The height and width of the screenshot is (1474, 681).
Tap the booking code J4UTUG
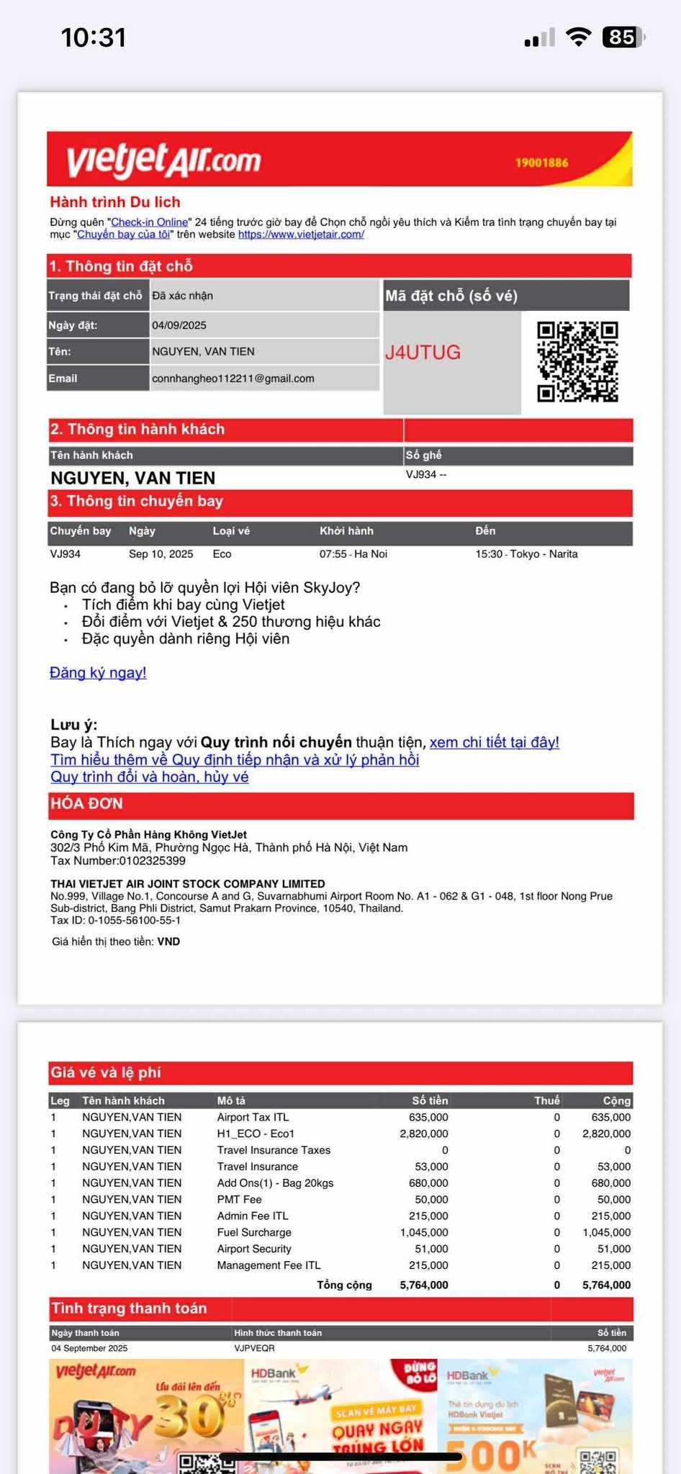coord(423,352)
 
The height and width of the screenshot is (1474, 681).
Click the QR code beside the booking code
coord(577,361)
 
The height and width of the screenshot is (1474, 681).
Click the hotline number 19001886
coord(541,163)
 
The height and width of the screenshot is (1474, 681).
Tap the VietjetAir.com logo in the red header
coord(163,160)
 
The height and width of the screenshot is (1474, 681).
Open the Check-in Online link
coord(149,222)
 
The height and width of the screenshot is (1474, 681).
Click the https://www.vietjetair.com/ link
coord(301,235)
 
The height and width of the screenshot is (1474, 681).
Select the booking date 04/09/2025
coord(179,325)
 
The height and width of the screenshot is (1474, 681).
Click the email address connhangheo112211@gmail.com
coord(233,379)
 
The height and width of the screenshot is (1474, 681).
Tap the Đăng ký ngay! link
coord(98,672)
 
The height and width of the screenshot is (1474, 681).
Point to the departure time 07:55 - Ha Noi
coord(353,554)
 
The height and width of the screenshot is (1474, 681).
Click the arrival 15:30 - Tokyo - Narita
coord(526,554)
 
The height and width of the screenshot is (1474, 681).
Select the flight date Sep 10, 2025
coord(161,554)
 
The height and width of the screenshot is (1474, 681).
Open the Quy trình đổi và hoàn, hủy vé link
coord(149,777)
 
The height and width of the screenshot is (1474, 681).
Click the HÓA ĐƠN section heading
coord(86,804)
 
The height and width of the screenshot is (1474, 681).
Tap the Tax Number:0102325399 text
coord(118,861)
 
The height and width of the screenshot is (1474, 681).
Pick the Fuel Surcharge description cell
coord(254,1232)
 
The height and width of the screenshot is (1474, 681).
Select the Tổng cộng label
coord(344,1285)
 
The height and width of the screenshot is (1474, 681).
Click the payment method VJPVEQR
coord(254,1348)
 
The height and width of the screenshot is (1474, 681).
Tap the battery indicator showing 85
coord(621,37)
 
